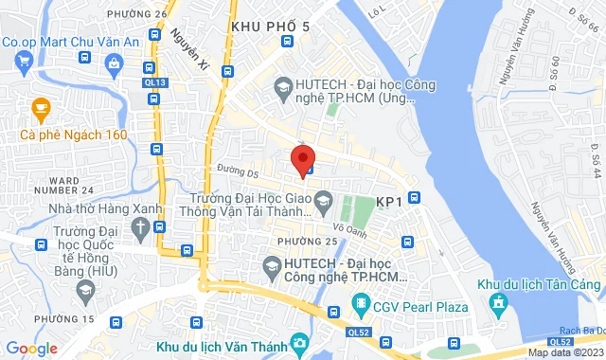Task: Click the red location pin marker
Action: pos(302,158)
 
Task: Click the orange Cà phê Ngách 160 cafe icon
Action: pos(40,109)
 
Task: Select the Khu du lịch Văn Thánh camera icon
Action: pos(299,341)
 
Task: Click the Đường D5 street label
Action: pos(237,172)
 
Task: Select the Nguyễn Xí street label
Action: pos(190,48)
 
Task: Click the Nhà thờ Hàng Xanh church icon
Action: pos(140,227)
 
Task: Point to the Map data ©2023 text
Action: pos(564,352)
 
